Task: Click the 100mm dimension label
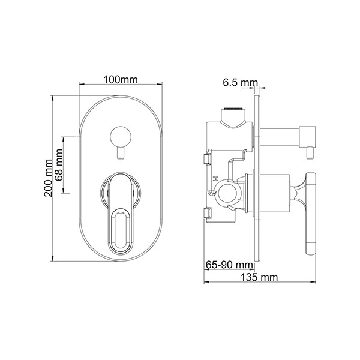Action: pyautogui.click(x=121, y=80)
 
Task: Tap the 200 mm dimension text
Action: pyautogui.click(x=48, y=178)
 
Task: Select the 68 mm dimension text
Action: pyautogui.click(x=59, y=165)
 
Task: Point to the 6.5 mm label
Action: pyautogui.click(x=241, y=82)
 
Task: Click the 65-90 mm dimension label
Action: pyautogui.click(x=229, y=265)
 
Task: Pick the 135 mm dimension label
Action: pyautogui.click(x=259, y=277)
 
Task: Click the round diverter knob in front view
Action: pyautogui.click(x=121, y=136)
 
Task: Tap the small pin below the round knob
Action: pyautogui.click(x=121, y=153)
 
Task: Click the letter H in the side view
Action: pyautogui.click(x=215, y=179)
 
